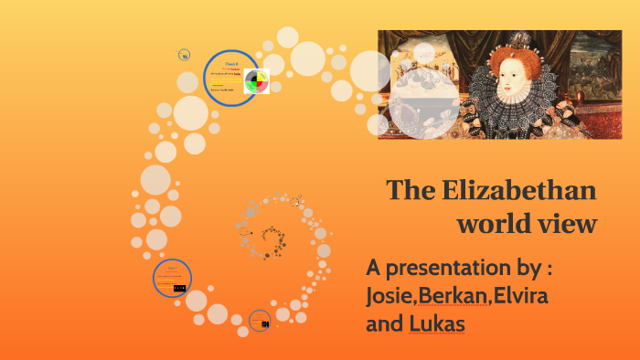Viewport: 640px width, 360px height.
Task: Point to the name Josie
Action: click(x=389, y=297)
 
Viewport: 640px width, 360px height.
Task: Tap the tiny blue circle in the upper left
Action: click(x=185, y=55)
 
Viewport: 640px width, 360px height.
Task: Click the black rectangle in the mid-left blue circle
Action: click(x=179, y=288)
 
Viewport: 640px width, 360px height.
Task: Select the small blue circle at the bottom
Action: click(x=261, y=320)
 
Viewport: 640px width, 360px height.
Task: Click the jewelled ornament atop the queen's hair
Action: click(x=516, y=39)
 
